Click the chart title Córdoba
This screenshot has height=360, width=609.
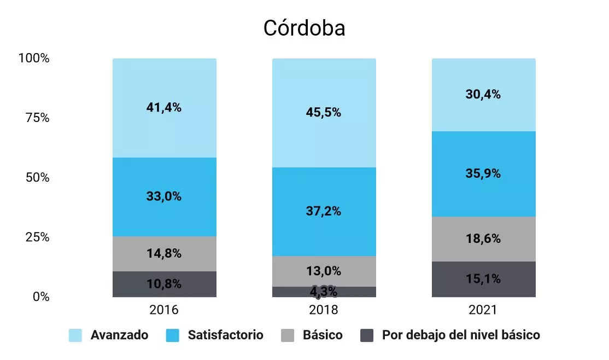click(304, 28)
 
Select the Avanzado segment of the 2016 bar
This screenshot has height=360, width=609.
click(165, 108)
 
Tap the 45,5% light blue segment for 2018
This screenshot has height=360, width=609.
click(324, 113)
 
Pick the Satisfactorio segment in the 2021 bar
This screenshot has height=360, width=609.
click(484, 174)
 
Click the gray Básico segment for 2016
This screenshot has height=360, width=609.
click(165, 254)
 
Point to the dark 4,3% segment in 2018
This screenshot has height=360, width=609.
click(324, 292)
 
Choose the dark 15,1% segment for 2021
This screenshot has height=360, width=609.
click(484, 279)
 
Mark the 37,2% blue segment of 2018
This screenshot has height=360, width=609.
click(324, 212)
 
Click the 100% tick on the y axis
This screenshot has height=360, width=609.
click(34, 59)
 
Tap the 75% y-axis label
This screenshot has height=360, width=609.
click(38, 118)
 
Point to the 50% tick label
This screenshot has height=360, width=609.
click(38, 178)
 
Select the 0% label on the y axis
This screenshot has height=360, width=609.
click(41, 297)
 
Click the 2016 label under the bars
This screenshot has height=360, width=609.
click(164, 310)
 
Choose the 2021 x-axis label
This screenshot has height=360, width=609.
click(483, 310)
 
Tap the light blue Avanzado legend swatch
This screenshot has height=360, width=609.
click(75, 335)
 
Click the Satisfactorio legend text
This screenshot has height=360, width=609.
click(226, 335)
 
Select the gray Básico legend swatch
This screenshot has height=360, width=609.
click(288, 335)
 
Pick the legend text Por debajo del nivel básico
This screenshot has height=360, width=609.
click(461, 335)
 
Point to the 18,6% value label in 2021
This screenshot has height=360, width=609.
click(483, 239)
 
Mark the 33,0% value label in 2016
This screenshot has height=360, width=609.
click(164, 196)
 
